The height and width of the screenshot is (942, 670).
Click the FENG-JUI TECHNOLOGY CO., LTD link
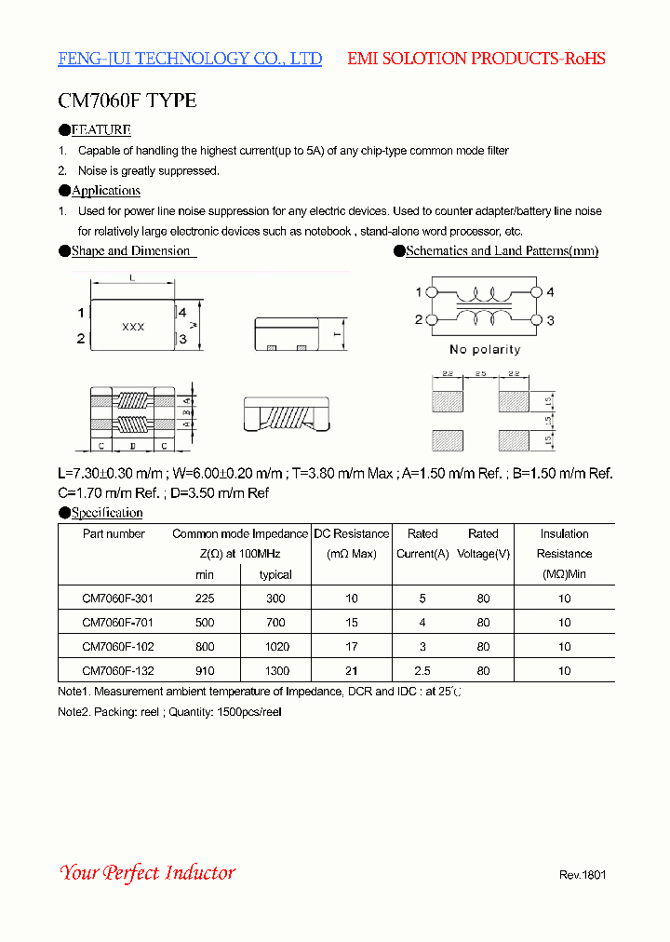[x=190, y=59]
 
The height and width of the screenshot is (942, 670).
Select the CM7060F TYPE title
[x=127, y=101]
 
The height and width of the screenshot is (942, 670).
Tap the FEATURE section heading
[x=100, y=130]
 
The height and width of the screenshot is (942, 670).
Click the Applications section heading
[x=106, y=191]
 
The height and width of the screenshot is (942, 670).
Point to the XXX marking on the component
[x=134, y=327]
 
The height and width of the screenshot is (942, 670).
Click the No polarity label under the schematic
[x=485, y=350]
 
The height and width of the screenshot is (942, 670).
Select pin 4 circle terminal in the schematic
[x=534, y=292]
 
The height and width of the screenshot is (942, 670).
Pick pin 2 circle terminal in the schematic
[x=432, y=320]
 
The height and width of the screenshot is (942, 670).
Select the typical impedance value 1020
[x=276, y=646]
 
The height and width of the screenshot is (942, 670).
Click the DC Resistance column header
[x=352, y=534]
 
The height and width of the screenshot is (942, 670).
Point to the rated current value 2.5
[x=422, y=670]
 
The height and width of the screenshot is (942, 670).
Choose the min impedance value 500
[x=205, y=622]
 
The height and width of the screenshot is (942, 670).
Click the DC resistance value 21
[x=352, y=670]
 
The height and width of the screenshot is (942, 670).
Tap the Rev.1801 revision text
[x=583, y=875]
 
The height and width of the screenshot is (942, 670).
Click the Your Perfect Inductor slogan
[x=147, y=872]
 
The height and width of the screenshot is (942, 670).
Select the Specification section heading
[x=107, y=513]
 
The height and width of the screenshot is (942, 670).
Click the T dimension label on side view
[x=339, y=333]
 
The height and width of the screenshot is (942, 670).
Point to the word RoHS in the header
[x=585, y=59]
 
